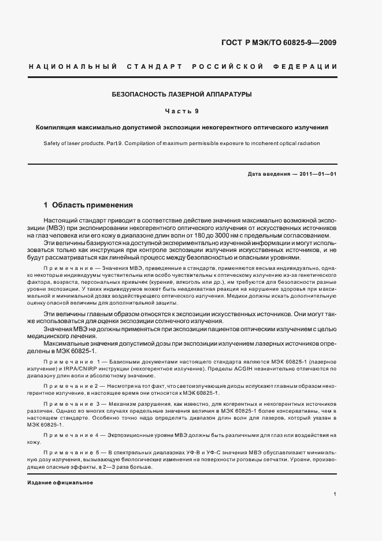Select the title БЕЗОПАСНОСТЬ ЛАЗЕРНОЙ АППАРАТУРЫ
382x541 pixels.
click(182, 94)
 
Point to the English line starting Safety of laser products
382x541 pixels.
click(181, 143)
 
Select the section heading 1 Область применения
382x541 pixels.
click(88, 205)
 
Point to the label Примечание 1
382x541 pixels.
click(72, 360)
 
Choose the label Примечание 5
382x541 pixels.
click(72, 451)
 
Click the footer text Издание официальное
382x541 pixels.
click(60, 481)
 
